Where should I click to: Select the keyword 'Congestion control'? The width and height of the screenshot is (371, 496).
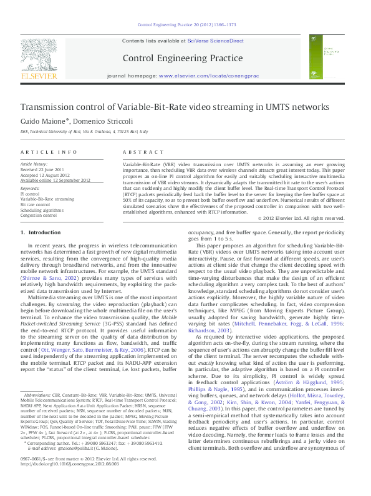(x=41, y=214)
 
